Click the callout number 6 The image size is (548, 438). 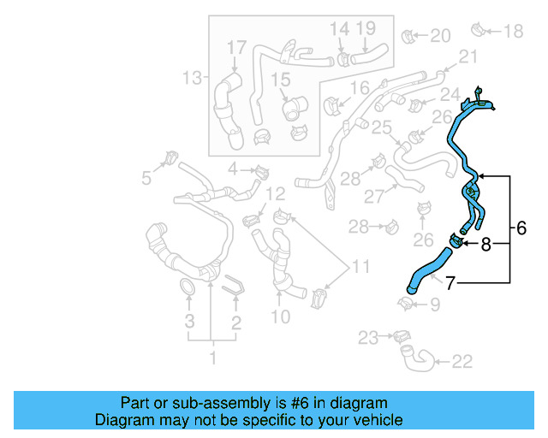pos(521,228)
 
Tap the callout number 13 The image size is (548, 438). pos(191,79)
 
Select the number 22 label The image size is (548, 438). pos(462,362)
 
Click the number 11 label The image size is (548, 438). pos(361,267)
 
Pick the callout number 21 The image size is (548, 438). pos(468,56)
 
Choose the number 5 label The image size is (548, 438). pos(147,178)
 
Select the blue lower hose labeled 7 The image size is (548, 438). pos(428,268)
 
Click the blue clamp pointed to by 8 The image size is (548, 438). pos(456,241)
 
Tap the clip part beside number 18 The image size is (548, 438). pos(479,31)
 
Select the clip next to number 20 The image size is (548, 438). pos(409,36)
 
